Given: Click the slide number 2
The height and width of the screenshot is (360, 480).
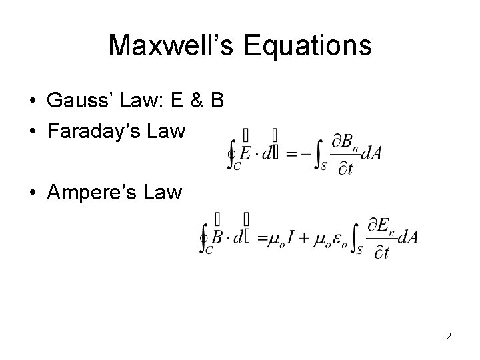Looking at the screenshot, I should tap(449, 336).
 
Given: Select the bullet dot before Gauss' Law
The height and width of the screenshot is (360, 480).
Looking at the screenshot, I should tap(33, 101).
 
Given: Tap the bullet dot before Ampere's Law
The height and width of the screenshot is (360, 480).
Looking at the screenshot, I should tap(33, 193).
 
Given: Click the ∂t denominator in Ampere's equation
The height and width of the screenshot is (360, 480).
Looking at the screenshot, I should tap(380, 251).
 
